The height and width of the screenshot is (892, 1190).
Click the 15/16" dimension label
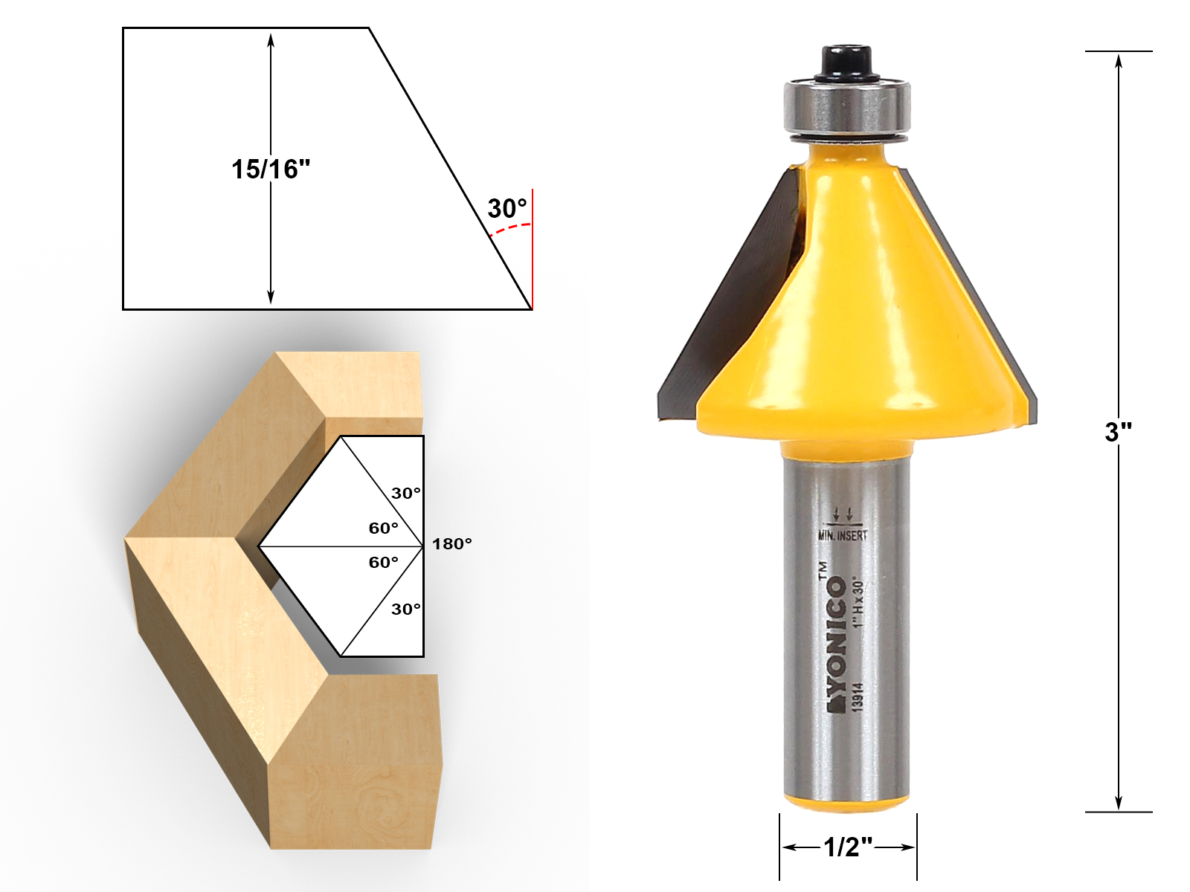[270, 169]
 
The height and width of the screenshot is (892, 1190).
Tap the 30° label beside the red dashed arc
[507, 209]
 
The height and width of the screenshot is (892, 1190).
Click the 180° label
[451, 544]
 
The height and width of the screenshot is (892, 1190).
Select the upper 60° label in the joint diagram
[384, 529]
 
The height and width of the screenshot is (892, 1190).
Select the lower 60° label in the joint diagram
[384, 563]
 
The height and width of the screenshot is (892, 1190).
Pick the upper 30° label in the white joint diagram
[406, 494]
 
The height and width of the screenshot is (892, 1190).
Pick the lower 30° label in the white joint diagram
[406, 610]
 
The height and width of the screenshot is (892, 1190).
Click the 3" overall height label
[1118, 431]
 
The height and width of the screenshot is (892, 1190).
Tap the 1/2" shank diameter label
[847, 847]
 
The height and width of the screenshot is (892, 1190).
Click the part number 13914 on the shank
[858, 697]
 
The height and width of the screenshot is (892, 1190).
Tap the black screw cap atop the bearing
[846, 62]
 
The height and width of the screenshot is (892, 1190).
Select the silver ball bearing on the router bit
[846, 108]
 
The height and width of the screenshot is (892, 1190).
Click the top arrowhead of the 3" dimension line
[1119, 59]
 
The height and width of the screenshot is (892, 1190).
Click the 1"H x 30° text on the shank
[858, 602]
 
